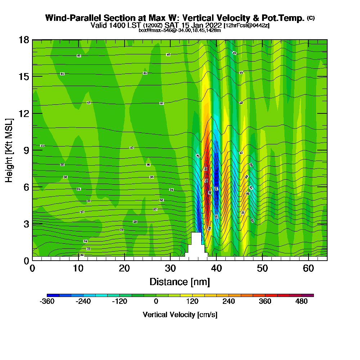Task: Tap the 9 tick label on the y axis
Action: click(26, 150)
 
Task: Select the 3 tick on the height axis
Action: click(26, 224)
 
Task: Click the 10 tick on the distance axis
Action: click(78, 268)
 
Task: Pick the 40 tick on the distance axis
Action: click(216, 268)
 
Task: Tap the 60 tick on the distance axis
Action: click(308, 268)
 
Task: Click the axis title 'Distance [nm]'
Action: click(180, 282)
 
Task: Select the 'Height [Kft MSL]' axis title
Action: click(9, 150)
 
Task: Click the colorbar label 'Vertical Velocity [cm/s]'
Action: click(180, 315)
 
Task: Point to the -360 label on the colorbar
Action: click(47, 302)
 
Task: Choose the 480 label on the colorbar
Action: click(302, 302)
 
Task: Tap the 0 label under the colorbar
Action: click(156, 302)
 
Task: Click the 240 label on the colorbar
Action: click(229, 302)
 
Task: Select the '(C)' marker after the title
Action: click(311, 18)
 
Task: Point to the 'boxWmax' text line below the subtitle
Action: click(180, 30)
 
